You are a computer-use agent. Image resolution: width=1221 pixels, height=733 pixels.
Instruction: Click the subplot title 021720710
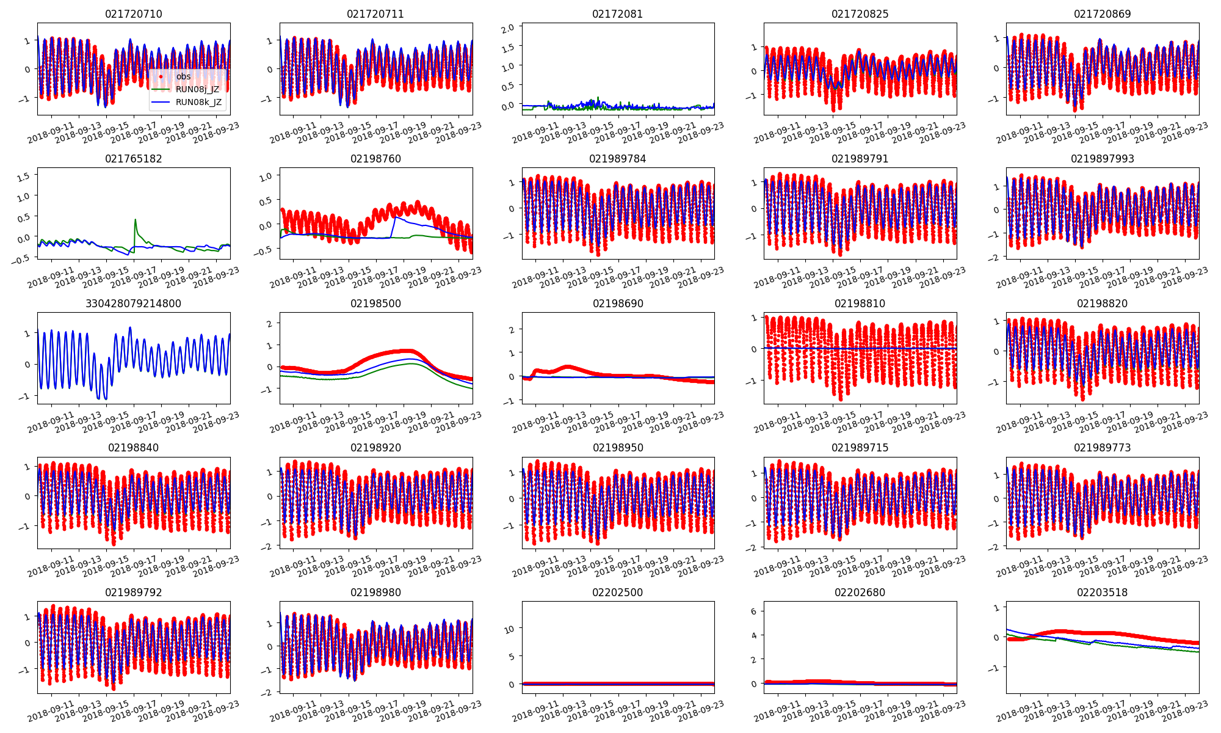(134, 14)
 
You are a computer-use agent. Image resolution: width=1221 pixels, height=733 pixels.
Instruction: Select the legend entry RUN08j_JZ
(197, 89)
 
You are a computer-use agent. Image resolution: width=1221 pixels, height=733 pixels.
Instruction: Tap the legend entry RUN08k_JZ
(198, 102)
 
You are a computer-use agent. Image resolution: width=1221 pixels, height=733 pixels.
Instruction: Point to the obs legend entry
(183, 76)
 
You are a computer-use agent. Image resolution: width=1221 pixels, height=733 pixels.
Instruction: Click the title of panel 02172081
(617, 14)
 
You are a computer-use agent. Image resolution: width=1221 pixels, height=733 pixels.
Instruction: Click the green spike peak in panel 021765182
(135, 219)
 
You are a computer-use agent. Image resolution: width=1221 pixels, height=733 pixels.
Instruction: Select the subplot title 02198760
(375, 159)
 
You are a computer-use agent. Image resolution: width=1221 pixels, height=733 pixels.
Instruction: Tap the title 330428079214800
(134, 304)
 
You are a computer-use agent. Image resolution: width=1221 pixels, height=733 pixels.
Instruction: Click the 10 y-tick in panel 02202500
(510, 629)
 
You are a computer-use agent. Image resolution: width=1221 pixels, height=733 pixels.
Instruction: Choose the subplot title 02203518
(1102, 593)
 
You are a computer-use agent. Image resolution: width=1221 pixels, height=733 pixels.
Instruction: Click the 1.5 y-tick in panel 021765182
(23, 177)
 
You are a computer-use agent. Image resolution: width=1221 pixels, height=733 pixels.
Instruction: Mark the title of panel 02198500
(375, 304)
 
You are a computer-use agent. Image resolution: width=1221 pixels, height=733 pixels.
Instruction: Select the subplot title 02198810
(860, 304)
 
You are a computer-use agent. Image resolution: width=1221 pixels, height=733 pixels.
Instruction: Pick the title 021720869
(1102, 14)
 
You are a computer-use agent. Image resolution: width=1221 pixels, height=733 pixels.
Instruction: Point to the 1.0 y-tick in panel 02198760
(266, 177)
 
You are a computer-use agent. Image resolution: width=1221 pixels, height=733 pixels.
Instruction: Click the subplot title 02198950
(617, 448)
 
